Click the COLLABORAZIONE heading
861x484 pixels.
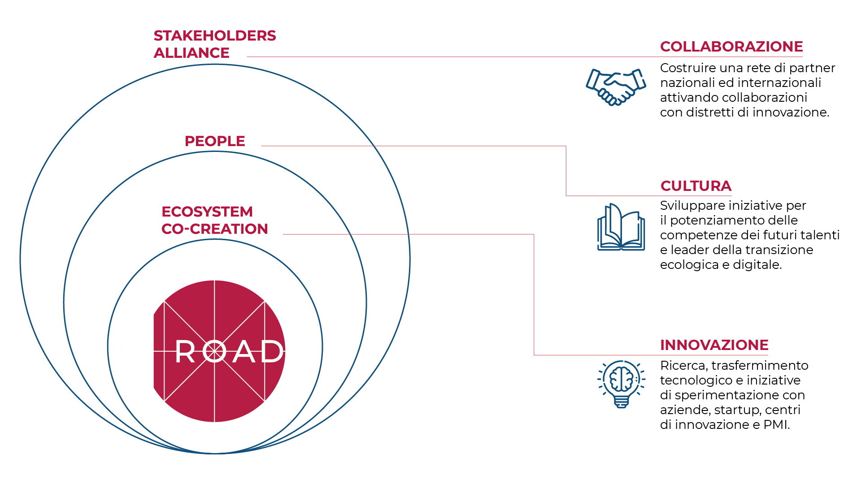(x=731, y=47)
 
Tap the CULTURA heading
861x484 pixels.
(x=696, y=186)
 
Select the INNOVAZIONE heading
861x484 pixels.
(x=714, y=345)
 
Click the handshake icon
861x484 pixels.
(x=616, y=86)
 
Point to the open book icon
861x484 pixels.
(x=621, y=227)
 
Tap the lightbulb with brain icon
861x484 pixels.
(x=621, y=384)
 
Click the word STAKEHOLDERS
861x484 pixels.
(x=215, y=36)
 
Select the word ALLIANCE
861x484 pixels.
(x=191, y=53)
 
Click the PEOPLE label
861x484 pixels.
(x=215, y=141)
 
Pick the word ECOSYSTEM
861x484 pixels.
(x=207, y=212)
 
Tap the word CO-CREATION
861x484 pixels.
(x=215, y=229)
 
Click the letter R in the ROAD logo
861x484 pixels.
(x=185, y=352)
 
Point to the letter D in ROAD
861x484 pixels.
(x=272, y=352)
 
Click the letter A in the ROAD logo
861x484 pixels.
(x=244, y=352)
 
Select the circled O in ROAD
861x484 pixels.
(x=214, y=352)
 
